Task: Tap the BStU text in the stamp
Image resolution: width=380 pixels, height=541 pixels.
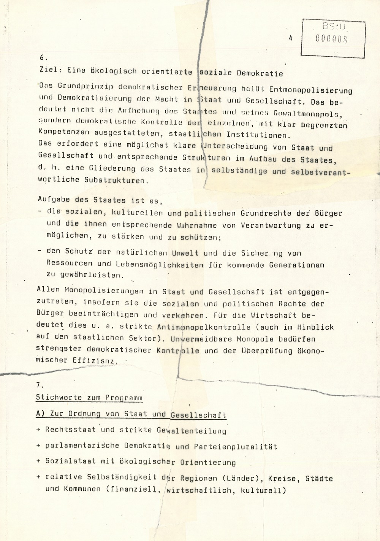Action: [334, 26]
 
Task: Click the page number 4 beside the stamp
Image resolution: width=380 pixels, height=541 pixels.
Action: [291, 38]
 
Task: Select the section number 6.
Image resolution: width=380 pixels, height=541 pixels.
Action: [43, 57]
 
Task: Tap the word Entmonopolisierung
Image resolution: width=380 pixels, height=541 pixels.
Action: [310, 90]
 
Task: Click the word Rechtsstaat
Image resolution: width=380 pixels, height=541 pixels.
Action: [71, 430]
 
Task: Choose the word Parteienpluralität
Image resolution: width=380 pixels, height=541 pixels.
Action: [235, 447]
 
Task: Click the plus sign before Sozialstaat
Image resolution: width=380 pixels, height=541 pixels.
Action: [38, 461]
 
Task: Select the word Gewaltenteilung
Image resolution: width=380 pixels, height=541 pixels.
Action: [192, 430]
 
